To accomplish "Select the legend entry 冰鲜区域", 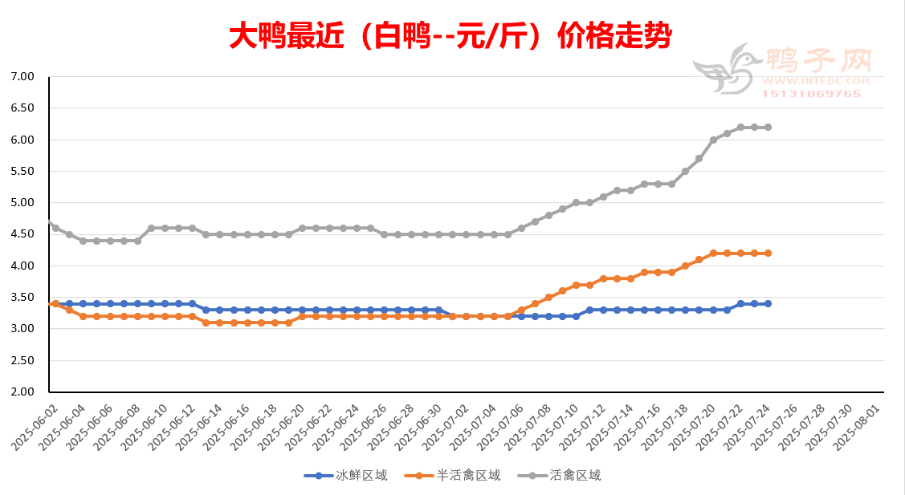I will click(346, 476).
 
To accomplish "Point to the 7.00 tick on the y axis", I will click(24, 77).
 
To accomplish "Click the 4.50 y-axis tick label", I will click(24, 234).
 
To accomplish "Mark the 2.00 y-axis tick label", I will click(24, 392).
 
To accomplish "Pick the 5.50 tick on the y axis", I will click(24, 172).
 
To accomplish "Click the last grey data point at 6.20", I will click(768, 128).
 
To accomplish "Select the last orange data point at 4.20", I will click(768, 254).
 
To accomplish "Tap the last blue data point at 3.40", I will click(768, 304).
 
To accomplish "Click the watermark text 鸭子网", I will click(817, 59).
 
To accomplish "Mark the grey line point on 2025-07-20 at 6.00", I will click(713, 140).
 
